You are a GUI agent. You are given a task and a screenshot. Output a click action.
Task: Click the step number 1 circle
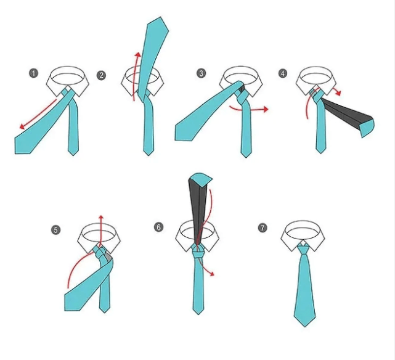(33, 73)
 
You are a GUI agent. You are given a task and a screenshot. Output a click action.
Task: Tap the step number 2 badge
(101, 75)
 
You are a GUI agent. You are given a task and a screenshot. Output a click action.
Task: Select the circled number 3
(201, 73)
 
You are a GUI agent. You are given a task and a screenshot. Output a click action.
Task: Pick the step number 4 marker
(283, 73)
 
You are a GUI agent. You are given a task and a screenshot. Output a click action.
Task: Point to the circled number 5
(55, 230)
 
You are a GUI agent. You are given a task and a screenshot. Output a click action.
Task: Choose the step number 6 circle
(158, 227)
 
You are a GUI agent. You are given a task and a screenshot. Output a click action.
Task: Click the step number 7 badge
(263, 228)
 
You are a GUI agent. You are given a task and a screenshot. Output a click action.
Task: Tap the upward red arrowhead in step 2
(137, 55)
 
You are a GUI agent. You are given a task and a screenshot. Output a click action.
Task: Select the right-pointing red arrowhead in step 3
(266, 109)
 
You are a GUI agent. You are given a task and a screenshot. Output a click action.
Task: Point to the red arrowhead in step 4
(338, 93)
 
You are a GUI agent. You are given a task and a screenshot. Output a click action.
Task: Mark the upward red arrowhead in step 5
(101, 217)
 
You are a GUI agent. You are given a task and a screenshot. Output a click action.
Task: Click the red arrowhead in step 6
(212, 274)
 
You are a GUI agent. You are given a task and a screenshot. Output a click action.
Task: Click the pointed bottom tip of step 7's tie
(305, 327)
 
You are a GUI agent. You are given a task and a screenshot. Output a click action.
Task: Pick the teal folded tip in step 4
(367, 128)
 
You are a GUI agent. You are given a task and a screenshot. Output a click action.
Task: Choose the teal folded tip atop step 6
(200, 179)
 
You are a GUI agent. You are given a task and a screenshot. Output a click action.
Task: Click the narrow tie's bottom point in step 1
(73, 155)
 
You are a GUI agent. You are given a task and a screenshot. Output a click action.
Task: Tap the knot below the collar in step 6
(198, 252)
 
